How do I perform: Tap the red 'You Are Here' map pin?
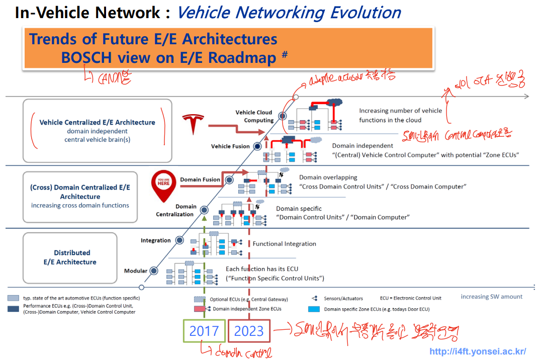tap(164, 184)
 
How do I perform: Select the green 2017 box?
tap(204, 331)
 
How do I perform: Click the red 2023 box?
tap(249, 331)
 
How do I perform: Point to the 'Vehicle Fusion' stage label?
tap(230, 146)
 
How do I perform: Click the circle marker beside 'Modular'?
tap(154, 271)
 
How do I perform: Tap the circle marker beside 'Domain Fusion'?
tap(229, 179)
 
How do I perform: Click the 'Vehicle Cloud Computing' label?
tap(254, 116)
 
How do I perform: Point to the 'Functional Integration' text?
tap(284, 244)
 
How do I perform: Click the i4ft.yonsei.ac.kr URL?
tap(478, 351)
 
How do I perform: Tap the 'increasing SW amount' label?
tap(491, 297)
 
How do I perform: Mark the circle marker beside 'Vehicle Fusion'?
tap(257, 146)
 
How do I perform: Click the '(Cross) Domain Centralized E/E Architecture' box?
tap(80, 196)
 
